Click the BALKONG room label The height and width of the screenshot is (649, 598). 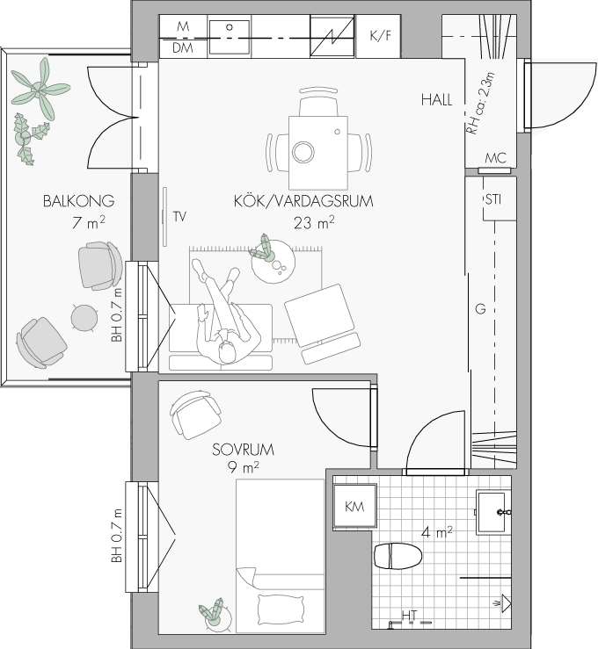coord(79,201)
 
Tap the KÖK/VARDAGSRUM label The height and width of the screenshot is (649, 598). coord(303,201)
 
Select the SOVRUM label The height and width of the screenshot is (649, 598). coord(243,450)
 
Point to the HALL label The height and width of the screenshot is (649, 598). coord(437,100)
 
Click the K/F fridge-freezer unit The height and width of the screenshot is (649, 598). coord(378,36)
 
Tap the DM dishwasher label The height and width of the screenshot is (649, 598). coord(183,48)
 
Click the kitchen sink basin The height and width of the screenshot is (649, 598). coord(230,37)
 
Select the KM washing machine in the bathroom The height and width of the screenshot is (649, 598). coord(354,506)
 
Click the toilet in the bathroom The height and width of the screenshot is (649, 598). coord(397,556)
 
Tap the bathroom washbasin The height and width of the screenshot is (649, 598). coord(492,512)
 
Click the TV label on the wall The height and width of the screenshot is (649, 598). coord(179,216)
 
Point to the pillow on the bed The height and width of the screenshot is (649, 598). coord(281,609)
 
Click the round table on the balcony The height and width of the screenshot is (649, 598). coord(84,317)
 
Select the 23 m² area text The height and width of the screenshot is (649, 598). coord(314,223)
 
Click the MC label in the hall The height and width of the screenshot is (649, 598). coord(496,158)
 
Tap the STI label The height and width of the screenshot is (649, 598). coord(493,199)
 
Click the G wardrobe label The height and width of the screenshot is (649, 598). coord(480,309)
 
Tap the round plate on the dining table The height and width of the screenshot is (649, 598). coord(303,151)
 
